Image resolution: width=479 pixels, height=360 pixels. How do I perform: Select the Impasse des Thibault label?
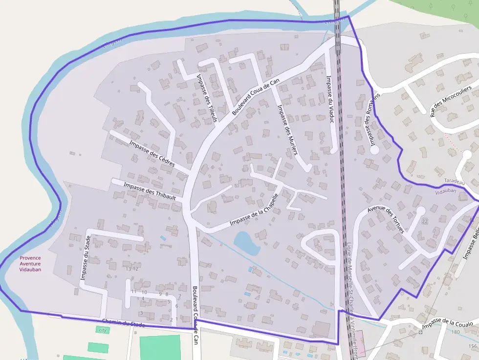tap(146, 190)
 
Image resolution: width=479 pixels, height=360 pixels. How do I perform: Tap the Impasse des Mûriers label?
tap(287, 129)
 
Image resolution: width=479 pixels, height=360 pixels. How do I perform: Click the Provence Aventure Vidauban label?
tap(30, 264)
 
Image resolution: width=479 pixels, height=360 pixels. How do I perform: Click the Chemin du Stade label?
tap(123, 323)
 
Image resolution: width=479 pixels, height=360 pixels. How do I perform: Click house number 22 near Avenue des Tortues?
tap(424, 221)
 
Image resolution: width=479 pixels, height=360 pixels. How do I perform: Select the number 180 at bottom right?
tap(456, 332)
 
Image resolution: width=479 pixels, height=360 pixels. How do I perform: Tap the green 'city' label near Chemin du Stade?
tap(103, 330)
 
